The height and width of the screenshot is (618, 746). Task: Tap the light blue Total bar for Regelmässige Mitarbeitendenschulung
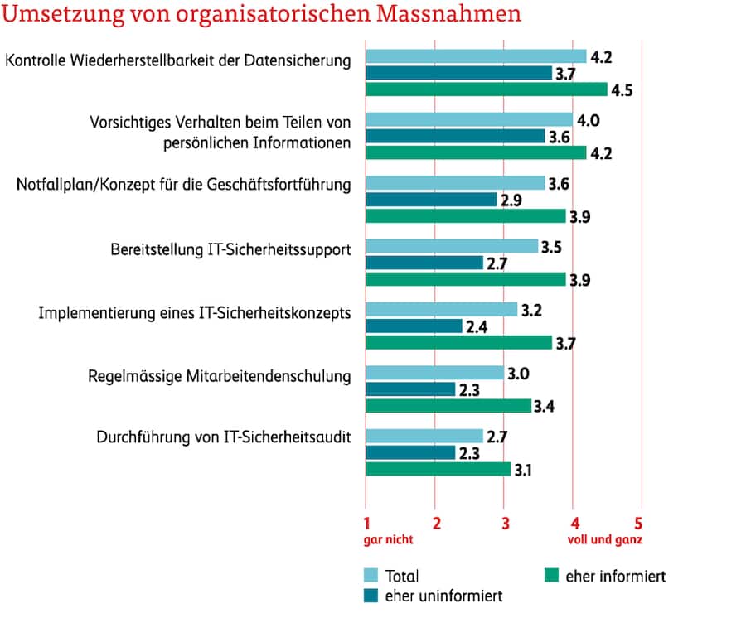coord(434,373)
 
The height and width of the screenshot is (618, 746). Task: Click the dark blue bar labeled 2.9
coord(431,200)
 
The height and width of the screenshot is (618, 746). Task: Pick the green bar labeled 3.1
coord(438,469)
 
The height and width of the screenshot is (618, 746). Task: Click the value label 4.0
coord(589,120)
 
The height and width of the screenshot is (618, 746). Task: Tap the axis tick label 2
coord(436,524)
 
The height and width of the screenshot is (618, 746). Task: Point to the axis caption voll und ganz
coord(605,539)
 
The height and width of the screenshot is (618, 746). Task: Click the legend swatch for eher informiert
coord(549,575)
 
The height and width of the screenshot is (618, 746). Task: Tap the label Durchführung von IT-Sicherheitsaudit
coord(224,437)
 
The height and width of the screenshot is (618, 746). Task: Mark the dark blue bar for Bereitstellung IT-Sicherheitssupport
coord(424,263)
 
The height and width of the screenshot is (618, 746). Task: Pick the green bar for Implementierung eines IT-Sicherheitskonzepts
coord(458,342)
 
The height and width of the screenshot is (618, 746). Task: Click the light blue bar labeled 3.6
coord(455,183)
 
